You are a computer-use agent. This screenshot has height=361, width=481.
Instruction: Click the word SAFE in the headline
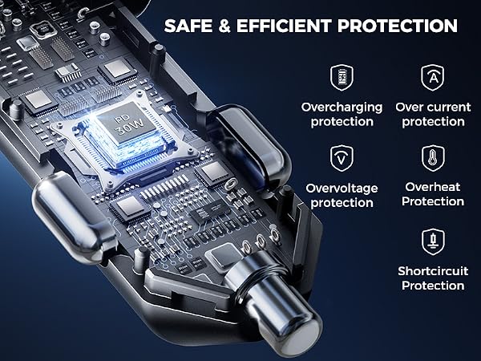coord(188,26)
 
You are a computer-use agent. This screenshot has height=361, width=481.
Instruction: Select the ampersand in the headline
coord(224,26)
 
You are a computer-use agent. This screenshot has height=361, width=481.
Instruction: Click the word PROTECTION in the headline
coord(398,26)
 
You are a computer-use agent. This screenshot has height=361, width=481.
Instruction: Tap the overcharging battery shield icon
coord(342,77)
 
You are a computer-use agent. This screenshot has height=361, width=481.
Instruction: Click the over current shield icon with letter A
coord(433,77)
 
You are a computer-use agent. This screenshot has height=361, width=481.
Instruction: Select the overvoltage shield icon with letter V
coord(342,158)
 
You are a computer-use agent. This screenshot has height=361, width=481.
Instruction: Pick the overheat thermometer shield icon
coord(433,158)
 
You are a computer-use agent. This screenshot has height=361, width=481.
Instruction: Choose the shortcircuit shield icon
coord(433,242)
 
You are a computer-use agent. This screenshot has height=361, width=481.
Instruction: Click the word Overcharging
coord(342,108)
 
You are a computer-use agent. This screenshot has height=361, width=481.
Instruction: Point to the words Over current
coord(433,107)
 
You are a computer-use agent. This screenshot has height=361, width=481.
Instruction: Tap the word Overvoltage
coord(342,189)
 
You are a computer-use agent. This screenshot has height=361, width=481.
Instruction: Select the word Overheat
coord(433,187)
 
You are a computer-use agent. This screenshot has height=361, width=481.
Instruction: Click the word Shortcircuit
coord(433,271)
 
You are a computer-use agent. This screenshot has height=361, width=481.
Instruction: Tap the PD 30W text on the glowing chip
coord(129,125)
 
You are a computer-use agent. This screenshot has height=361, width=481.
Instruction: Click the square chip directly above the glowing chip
coord(118,70)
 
